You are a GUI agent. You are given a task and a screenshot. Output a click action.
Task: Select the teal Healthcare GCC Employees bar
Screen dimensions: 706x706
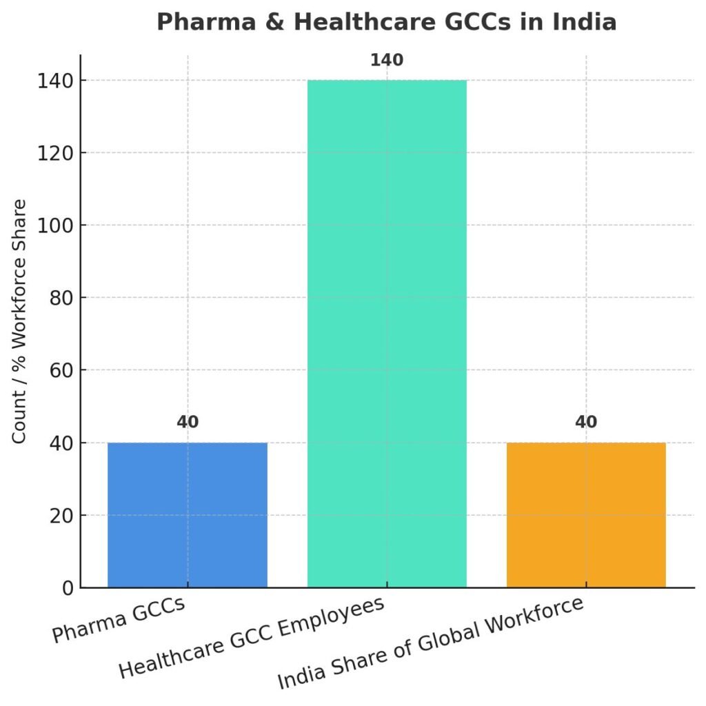386,334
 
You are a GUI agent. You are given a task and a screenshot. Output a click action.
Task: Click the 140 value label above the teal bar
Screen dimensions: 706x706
386,60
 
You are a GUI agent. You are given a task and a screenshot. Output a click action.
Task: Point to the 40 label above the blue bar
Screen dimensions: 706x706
187,422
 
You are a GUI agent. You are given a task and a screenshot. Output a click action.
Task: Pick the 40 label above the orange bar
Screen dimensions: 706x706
586,422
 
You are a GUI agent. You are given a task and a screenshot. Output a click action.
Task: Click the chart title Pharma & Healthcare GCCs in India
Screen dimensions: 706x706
386,23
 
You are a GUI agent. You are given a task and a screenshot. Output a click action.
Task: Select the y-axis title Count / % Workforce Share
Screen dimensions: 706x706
21,321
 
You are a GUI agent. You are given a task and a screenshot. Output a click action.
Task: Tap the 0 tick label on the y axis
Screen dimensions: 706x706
68,588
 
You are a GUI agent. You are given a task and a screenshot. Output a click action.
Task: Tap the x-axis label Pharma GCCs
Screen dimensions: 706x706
119,621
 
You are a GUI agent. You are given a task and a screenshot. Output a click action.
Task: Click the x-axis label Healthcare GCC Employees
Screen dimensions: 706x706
251,638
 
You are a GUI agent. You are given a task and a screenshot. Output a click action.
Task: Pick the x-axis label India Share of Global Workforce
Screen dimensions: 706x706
430,643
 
